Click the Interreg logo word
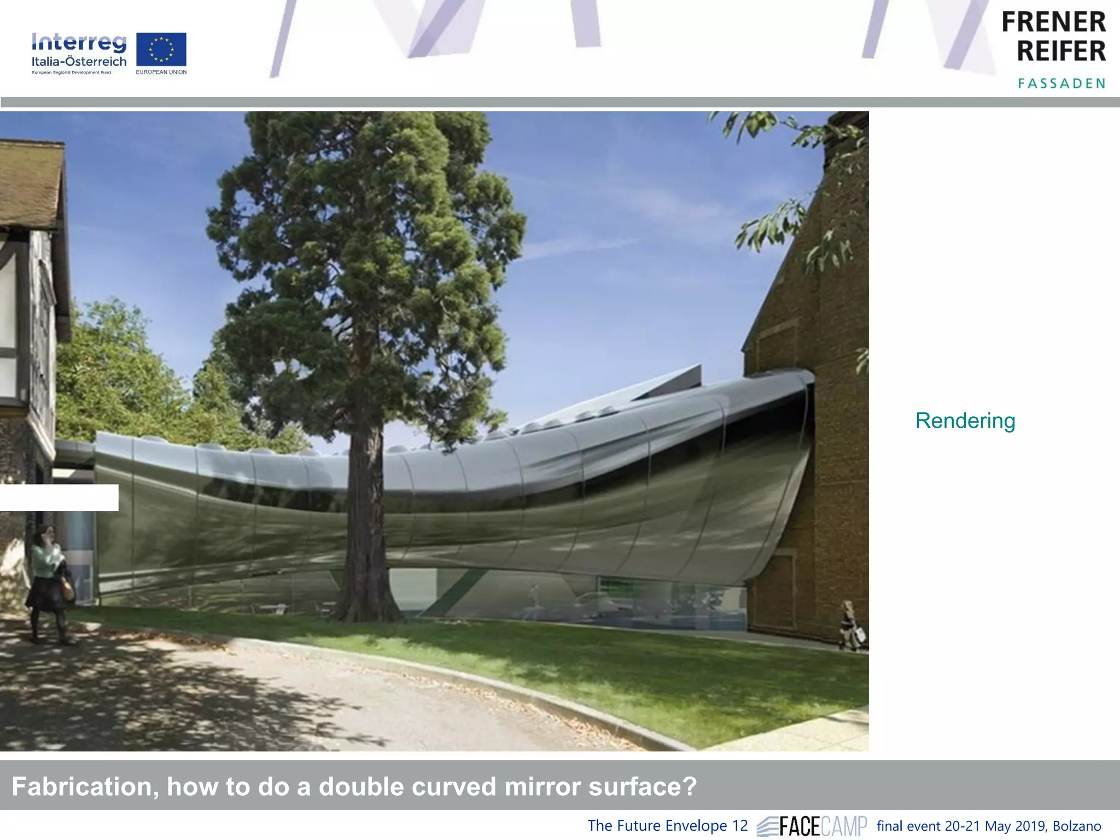(79, 43)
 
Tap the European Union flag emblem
(161, 49)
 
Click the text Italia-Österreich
(79, 62)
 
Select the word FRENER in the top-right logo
(1053, 23)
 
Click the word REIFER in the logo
(1061, 51)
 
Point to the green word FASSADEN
(1061, 84)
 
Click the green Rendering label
(965, 421)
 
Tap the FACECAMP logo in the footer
(813, 826)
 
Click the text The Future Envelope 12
(667, 826)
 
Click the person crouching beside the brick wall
(849, 626)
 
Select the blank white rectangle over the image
(59, 498)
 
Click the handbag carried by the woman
(67, 590)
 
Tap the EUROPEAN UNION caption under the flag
(161, 72)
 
